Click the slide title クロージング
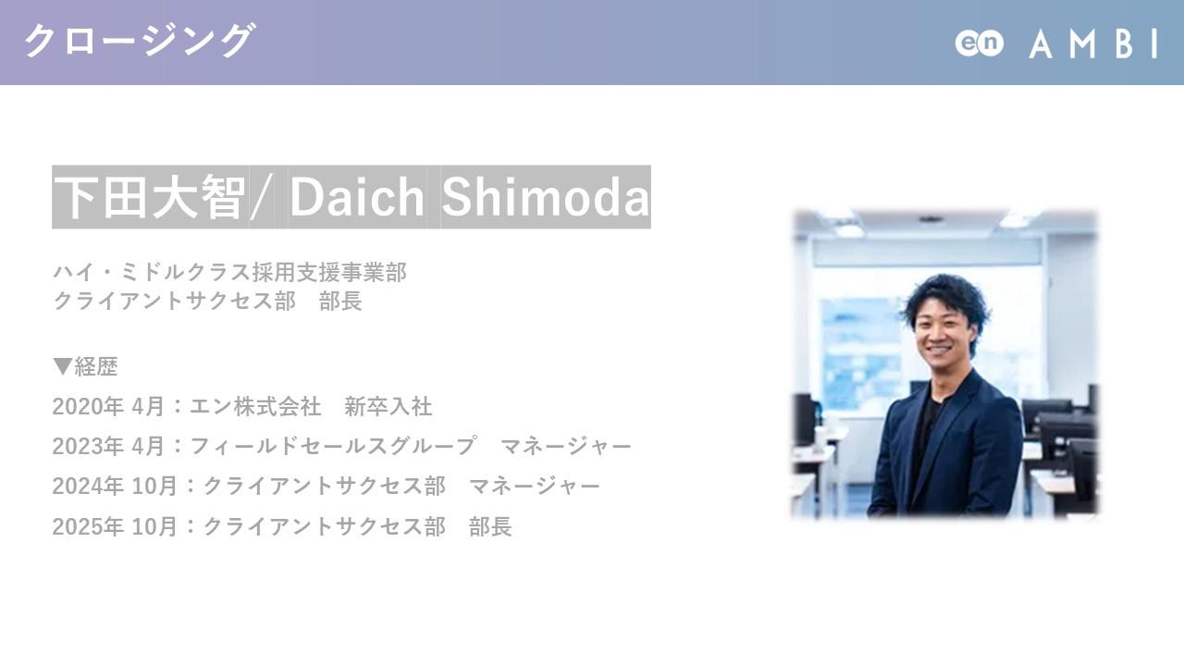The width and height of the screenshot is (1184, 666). click(x=140, y=41)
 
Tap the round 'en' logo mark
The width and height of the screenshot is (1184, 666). click(x=979, y=43)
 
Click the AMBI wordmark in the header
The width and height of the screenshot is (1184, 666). click(x=1093, y=43)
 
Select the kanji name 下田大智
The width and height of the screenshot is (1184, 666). click(x=150, y=197)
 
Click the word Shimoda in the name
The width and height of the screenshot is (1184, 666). click(x=545, y=197)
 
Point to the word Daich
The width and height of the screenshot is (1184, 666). click(x=357, y=197)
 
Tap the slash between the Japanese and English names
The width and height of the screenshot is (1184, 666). click(x=261, y=197)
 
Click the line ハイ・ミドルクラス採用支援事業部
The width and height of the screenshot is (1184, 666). click(x=229, y=273)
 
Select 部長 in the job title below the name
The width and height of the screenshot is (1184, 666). click(x=340, y=302)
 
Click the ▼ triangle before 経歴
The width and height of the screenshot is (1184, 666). click(x=62, y=366)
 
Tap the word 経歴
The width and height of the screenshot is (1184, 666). click(x=95, y=366)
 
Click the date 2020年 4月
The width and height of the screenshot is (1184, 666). click(x=108, y=406)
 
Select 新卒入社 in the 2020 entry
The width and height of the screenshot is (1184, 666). click(x=388, y=406)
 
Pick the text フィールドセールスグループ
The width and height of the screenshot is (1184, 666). click(x=332, y=446)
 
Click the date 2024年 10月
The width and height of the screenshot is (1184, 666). click(x=115, y=486)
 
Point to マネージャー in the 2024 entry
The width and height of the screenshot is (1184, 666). click(x=535, y=486)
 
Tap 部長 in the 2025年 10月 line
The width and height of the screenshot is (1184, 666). click(x=490, y=526)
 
